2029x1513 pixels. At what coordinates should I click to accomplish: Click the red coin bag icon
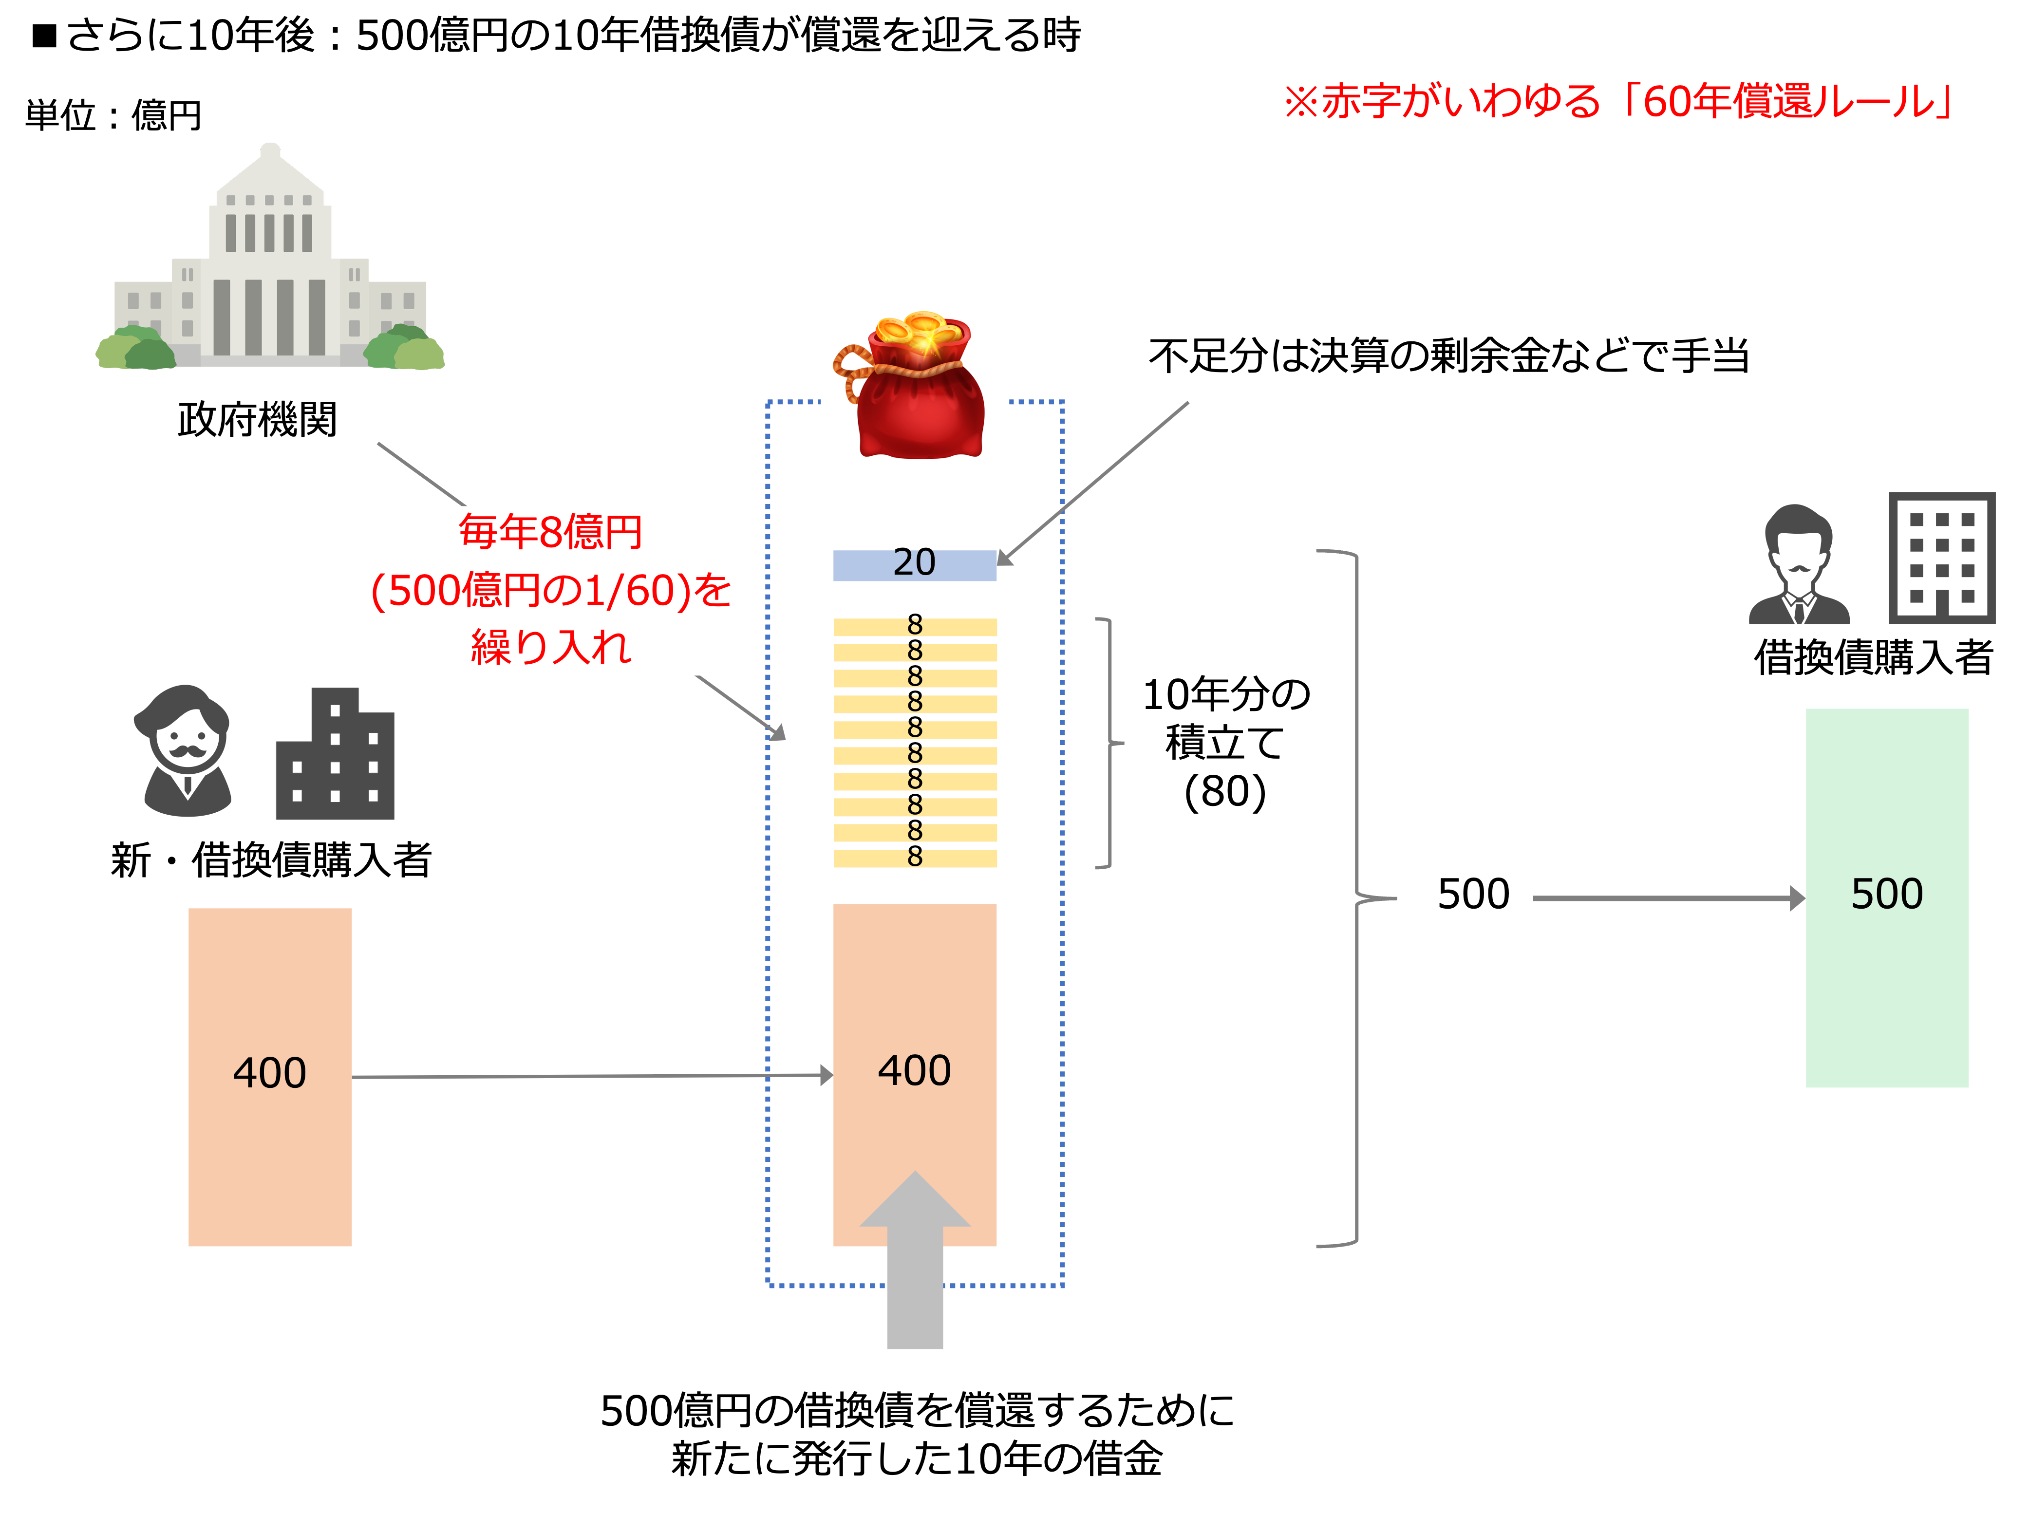click(914, 385)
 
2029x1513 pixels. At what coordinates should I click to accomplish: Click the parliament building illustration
click(270, 261)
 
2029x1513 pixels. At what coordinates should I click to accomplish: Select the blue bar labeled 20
click(914, 565)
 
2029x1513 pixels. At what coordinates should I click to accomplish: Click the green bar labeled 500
click(1886, 897)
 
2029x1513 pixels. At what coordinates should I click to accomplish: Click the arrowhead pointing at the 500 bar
click(1797, 898)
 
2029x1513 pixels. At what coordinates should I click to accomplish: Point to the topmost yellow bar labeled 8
click(914, 627)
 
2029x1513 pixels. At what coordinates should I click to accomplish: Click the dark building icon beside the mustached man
click(335, 756)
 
